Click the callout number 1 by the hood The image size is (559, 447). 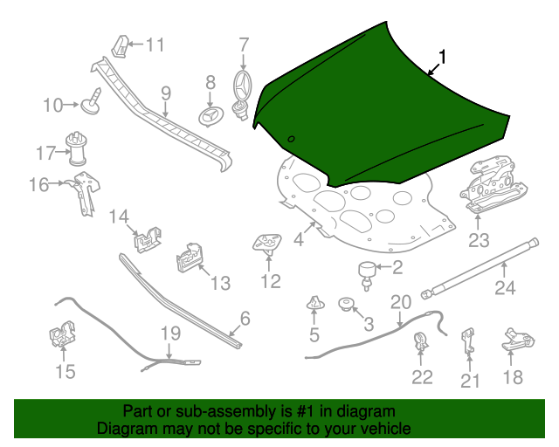click(443, 58)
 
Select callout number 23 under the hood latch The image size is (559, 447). click(480, 240)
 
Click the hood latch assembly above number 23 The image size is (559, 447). click(494, 185)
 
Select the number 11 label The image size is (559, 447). click(155, 45)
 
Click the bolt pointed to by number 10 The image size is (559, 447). click(91, 102)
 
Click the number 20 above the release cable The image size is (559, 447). click(400, 302)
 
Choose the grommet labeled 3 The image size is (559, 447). click(346, 305)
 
